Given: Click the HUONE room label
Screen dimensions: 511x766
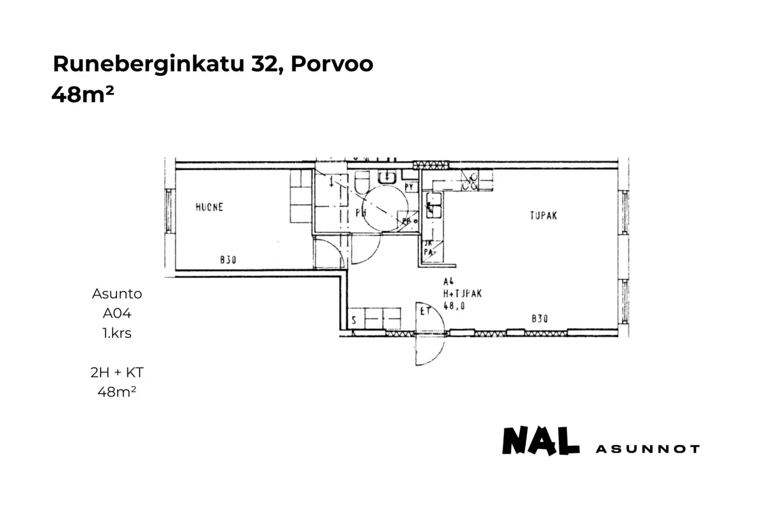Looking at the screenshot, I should click(209, 207).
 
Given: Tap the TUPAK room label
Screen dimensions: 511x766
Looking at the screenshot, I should click(543, 216).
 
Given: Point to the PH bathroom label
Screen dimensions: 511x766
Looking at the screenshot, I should click(361, 213).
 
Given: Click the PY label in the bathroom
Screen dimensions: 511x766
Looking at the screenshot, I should click(409, 187).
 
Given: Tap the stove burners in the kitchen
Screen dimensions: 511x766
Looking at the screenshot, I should click(469, 181).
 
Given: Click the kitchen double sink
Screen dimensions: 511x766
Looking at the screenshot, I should click(433, 205).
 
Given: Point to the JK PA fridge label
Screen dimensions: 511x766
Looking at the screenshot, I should click(429, 248).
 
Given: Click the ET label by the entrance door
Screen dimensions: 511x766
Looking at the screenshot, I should click(425, 311).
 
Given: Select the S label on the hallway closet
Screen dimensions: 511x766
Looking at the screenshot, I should click(354, 320).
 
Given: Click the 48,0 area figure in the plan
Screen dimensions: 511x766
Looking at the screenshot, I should click(454, 306).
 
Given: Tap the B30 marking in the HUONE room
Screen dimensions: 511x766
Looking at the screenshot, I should click(228, 260).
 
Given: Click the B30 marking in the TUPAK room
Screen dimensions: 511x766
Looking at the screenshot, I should click(539, 318).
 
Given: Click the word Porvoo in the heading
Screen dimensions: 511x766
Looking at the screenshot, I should click(332, 64).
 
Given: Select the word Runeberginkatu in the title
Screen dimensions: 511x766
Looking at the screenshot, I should click(149, 64).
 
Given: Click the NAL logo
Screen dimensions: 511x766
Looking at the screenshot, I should click(541, 441).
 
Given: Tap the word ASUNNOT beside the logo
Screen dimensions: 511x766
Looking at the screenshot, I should click(647, 449).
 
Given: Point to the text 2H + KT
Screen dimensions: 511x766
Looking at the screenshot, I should click(117, 372).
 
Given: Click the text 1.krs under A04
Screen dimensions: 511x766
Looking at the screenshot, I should click(117, 333).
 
